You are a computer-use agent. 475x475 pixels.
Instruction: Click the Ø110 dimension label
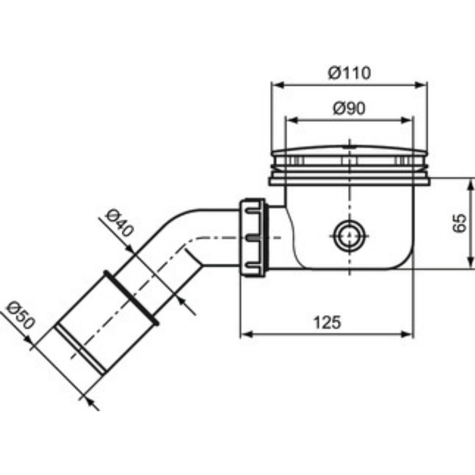pyautogui.click(x=349, y=73)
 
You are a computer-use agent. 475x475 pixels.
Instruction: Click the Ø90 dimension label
pyautogui.click(x=349, y=108)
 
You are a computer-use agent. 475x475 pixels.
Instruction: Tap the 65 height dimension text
pyautogui.click(x=459, y=223)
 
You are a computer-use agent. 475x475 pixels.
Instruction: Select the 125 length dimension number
pyautogui.click(x=327, y=322)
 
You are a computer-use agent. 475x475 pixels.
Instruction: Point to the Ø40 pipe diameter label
pyautogui.click(x=120, y=223)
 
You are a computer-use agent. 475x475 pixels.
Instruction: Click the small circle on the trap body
pyautogui.click(x=350, y=236)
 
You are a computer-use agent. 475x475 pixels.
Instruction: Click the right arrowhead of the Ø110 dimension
pyautogui.click(x=420, y=85)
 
